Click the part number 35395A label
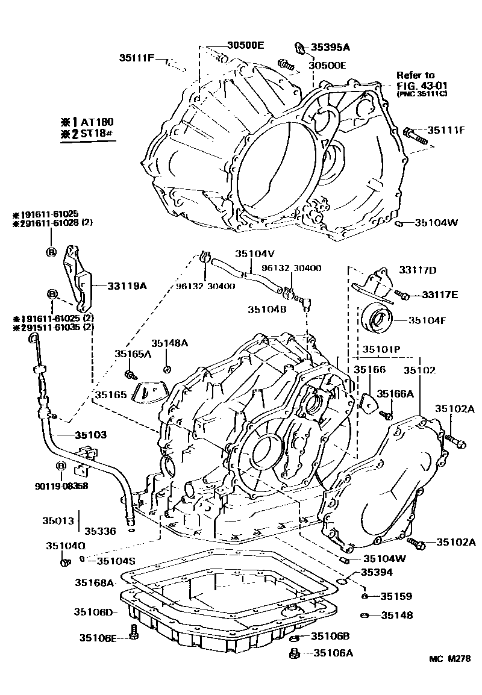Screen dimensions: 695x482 coord(330,46)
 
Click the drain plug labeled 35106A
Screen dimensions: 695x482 coord(295,653)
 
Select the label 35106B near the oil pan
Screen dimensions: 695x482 coord(330,636)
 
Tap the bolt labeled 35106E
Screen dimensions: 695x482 coord(134,634)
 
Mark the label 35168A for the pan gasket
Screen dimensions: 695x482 coord(95,582)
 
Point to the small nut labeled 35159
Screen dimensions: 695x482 coord(365,596)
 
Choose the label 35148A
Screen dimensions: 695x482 coord(169,343)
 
